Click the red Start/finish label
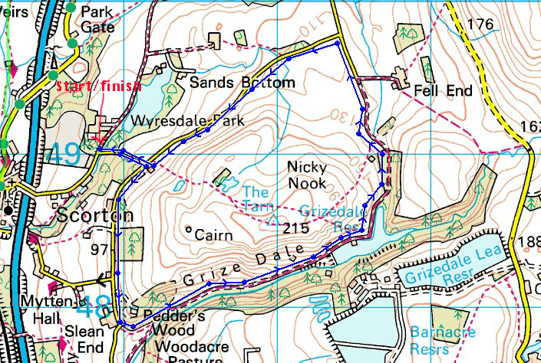pos(97,85)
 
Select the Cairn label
pos(214,235)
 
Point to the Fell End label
pos(444,90)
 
